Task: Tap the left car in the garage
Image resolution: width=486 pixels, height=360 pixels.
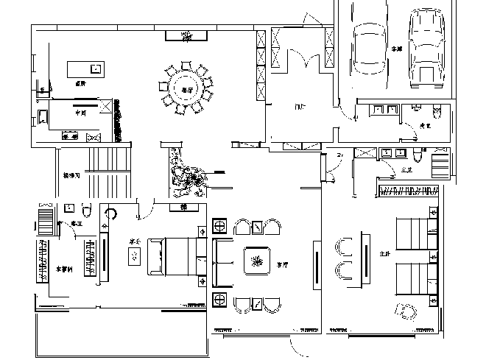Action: click(367, 46)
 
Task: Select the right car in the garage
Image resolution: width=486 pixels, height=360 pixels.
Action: click(425, 44)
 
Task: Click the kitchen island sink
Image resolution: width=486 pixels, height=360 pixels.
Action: click(95, 68)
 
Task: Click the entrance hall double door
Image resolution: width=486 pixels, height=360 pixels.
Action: click(298, 62)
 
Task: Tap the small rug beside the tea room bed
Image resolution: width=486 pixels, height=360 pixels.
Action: click(135, 256)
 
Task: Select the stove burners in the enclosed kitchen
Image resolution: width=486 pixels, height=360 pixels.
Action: click(71, 137)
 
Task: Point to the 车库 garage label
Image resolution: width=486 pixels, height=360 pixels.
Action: click(397, 49)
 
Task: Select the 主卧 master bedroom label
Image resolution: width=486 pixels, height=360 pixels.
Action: click(383, 254)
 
